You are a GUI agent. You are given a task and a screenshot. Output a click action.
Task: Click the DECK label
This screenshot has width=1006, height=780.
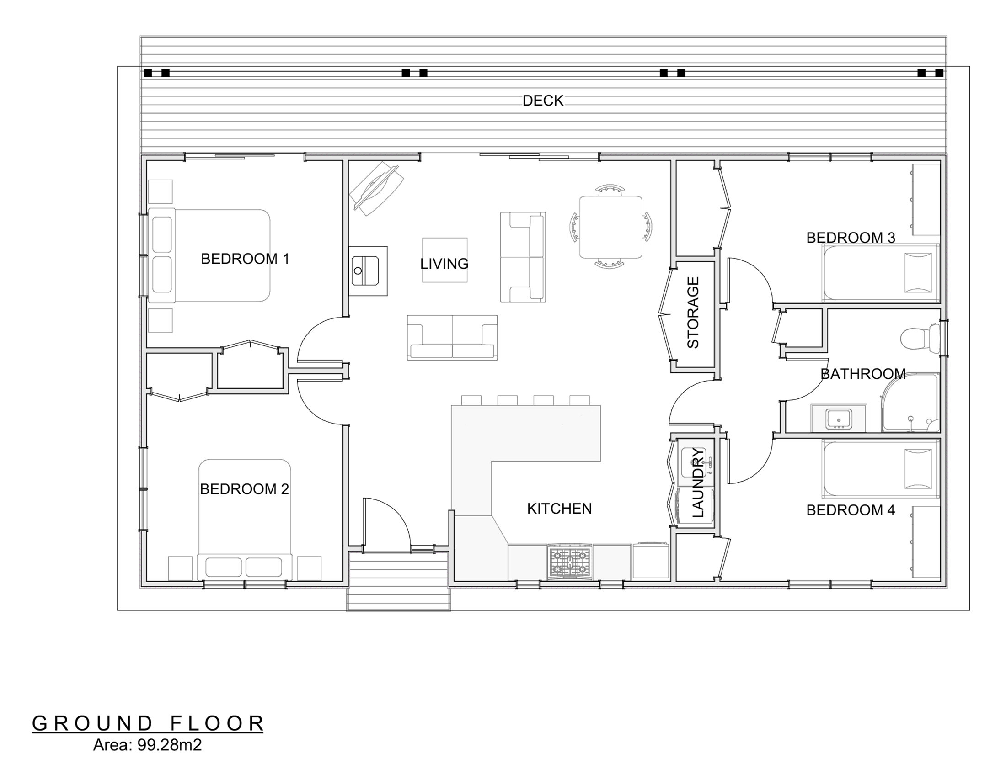(x=543, y=101)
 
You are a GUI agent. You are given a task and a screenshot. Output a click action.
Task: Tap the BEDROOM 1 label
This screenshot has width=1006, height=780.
(x=245, y=259)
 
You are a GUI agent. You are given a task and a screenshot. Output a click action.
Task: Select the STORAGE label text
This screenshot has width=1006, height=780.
(x=693, y=312)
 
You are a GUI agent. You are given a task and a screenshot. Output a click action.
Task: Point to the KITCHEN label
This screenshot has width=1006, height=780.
(x=559, y=509)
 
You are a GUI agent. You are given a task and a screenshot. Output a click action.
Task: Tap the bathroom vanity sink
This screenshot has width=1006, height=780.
(x=839, y=418)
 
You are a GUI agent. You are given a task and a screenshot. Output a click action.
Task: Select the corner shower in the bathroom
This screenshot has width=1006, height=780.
(x=909, y=403)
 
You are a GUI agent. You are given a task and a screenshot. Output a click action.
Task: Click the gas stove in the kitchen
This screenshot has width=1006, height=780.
(x=570, y=562)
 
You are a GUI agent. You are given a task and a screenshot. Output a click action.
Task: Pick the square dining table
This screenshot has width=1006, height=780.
(x=610, y=227)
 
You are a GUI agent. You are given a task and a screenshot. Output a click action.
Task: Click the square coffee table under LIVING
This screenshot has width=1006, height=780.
(x=444, y=260)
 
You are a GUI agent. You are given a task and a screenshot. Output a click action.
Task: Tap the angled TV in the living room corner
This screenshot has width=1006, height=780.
(x=376, y=188)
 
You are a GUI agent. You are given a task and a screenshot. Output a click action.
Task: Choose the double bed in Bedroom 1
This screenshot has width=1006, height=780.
(x=209, y=255)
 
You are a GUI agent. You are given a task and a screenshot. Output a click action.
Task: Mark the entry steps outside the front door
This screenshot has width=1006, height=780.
(x=398, y=581)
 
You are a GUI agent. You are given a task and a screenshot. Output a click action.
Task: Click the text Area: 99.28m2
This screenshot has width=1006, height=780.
(x=147, y=744)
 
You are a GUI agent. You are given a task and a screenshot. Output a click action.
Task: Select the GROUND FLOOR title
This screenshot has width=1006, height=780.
(x=147, y=723)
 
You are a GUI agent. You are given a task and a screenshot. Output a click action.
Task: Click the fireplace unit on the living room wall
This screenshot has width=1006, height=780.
(x=368, y=271)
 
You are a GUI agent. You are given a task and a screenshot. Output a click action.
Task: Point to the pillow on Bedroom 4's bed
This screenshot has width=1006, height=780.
(x=919, y=468)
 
